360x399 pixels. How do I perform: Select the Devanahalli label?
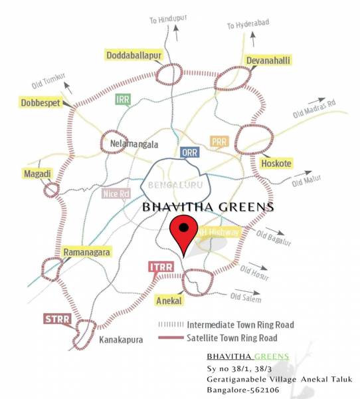tap(269, 61)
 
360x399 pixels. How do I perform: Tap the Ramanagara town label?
tap(86, 253)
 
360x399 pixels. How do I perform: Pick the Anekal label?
tap(168, 301)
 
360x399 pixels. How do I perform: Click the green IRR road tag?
tap(122, 100)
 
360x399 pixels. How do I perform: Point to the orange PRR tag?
tap(219, 142)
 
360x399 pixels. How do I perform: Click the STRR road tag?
tap(57, 319)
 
